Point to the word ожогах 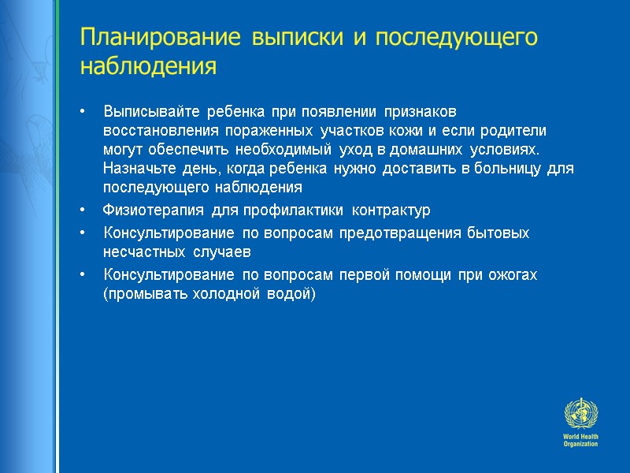pos(512,274)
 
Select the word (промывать pos(141,294)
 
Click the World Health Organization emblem pos(581,414)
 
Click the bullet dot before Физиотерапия pos(83,211)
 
